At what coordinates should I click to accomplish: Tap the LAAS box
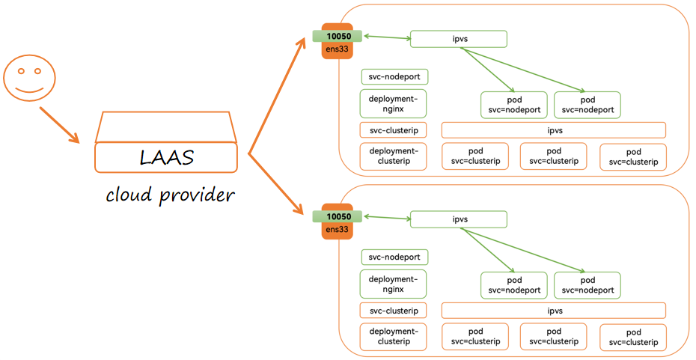(166, 158)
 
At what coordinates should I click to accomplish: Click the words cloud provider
(170, 195)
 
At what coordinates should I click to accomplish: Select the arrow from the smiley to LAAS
(59, 124)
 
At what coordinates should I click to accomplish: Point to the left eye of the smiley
(20, 72)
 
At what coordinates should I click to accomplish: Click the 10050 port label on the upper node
(338, 36)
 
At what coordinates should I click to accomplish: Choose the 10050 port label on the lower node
(338, 217)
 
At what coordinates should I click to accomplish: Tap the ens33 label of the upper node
(338, 49)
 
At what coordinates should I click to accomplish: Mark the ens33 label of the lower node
(338, 230)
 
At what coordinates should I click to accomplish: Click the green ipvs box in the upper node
(459, 39)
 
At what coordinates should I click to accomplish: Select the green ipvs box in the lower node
(459, 219)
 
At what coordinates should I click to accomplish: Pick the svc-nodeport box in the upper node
(394, 76)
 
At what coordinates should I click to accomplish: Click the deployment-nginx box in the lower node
(394, 284)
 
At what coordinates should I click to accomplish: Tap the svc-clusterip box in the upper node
(394, 129)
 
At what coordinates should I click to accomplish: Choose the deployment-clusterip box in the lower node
(394, 337)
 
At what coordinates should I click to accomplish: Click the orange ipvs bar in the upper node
(554, 130)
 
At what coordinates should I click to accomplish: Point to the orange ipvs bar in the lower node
(554, 311)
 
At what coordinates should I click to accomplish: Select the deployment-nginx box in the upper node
(394, 104)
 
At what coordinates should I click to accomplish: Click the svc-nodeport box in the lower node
(394, 257)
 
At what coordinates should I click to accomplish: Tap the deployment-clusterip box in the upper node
(394, 156)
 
